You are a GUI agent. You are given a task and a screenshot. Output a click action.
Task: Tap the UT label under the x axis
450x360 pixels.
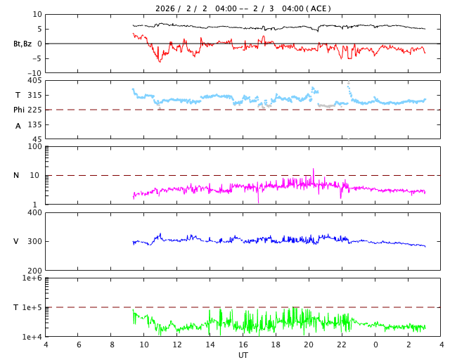tap(243, 354)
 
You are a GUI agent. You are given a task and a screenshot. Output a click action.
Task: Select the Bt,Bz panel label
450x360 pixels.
tap(23, 44)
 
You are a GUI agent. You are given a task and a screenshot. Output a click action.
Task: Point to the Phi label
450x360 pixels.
tap(20, 110)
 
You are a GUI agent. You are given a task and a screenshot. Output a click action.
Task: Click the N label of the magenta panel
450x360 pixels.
tap(16, 175)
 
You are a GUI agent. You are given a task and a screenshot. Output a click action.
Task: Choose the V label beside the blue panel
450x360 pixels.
tap(16, 241)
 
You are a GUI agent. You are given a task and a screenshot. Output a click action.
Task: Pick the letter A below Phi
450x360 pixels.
tap(18, 126)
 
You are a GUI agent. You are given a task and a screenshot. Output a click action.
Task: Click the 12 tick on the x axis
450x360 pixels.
tap(177, 345)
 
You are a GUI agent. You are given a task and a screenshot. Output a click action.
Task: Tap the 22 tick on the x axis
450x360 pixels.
tap(342, 345)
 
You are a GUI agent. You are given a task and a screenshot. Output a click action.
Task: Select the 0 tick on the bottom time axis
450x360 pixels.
tap(375, 345)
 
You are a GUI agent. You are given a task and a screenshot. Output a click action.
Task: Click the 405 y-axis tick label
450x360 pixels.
tap(34, 81)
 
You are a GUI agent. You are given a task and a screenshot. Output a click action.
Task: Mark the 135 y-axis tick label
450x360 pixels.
tap(34, 124)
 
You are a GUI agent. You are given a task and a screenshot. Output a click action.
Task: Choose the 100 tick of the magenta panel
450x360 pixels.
tap(34, 146)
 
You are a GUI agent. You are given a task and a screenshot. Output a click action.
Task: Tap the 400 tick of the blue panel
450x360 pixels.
tap(34, 212)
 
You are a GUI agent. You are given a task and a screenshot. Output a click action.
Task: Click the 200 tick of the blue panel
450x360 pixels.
tap(34, 271)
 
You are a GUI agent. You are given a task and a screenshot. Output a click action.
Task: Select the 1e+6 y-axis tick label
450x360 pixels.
tap(32, 278)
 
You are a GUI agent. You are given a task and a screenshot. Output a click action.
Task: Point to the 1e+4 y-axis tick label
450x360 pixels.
tap(32, 337)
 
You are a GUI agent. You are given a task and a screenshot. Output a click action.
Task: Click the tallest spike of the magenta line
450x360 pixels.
tap(314, 169)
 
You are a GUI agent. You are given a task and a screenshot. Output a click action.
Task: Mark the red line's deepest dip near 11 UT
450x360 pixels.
tap(160, 62)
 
